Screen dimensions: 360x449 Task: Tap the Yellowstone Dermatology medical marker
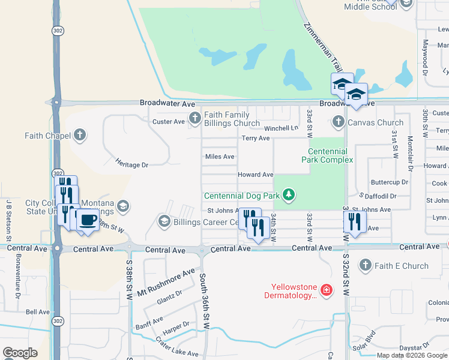[326, 291]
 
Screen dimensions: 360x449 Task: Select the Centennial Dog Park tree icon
[289, 195]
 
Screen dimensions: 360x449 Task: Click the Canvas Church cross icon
[338, 122]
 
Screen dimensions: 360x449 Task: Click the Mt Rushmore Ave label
[166, 282]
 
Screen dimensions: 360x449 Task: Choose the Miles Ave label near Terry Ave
[220, 157]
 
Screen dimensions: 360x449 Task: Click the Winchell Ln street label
[282, 128]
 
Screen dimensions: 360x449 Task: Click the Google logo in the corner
[20, 353]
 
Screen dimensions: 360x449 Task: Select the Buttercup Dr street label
[389, 182]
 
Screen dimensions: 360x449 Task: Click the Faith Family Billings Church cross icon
[194, 118]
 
